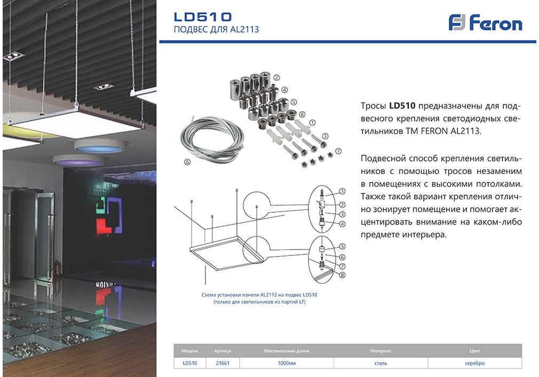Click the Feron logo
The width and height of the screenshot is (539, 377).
[x=485, y=22]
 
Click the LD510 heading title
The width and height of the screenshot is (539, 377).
[x=203, y=17]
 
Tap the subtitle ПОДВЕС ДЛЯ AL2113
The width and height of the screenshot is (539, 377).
[x=216, y=29]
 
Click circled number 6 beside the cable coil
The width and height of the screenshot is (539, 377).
[x=187, y=162]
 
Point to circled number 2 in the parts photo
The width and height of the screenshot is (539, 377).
[x=276, y=78]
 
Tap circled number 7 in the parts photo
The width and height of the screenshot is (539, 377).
[x=338, y=151]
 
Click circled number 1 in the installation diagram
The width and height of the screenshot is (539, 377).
[x=342, y=191]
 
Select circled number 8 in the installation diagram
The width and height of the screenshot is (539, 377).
[x=342, y=275]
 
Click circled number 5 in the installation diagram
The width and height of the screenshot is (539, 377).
[x=342, y=246]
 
